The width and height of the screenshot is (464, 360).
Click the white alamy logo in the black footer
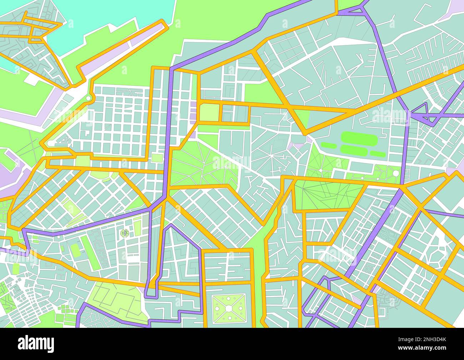point(36,344)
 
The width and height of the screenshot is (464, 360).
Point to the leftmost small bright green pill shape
point(328,145)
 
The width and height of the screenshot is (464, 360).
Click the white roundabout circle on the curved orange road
point(88,98)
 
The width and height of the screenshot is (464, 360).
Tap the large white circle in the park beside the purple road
point(395,174)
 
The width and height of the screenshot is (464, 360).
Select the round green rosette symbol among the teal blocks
point(125,233)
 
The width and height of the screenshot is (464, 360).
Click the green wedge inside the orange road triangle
point(302,118)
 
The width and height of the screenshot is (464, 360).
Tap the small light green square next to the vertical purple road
point(156,157)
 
